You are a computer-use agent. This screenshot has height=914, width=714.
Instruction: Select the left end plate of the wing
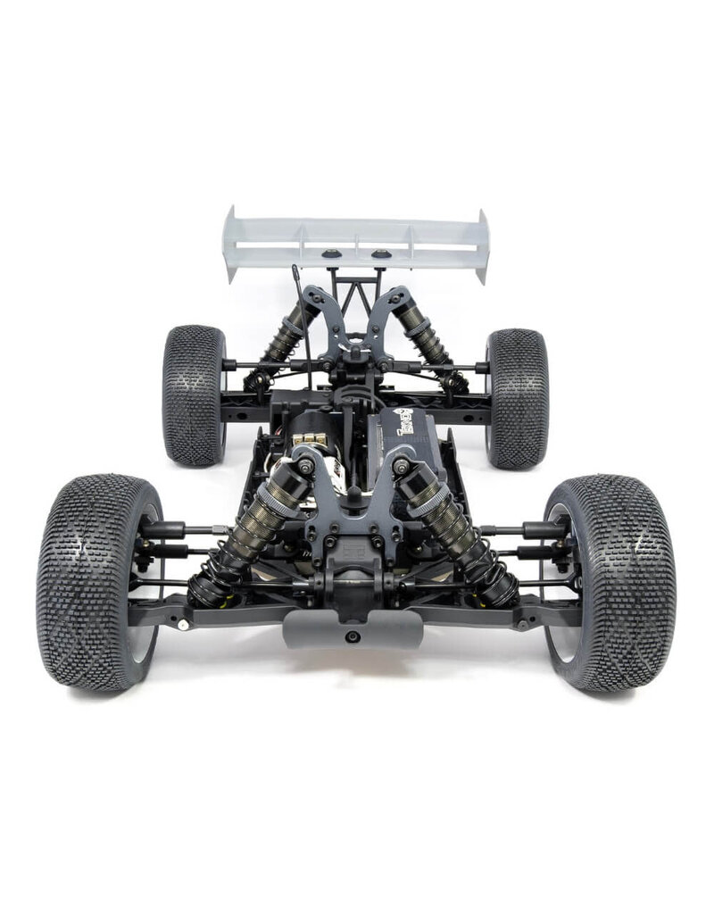231,245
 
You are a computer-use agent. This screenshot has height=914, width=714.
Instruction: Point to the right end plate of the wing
483,246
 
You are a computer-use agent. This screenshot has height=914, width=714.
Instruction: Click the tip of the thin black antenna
295,268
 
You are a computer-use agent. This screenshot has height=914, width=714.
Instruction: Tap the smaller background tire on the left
194,395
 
